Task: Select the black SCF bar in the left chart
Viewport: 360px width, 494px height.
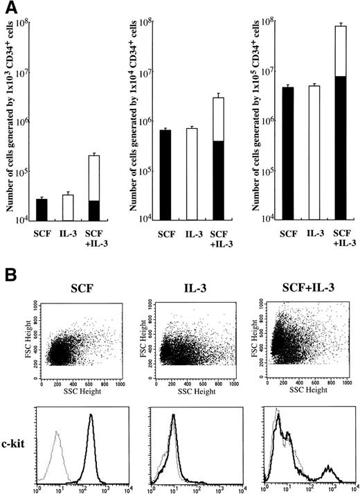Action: click(x=42, y=210)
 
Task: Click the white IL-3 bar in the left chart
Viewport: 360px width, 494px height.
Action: click(x=68, y=208)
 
